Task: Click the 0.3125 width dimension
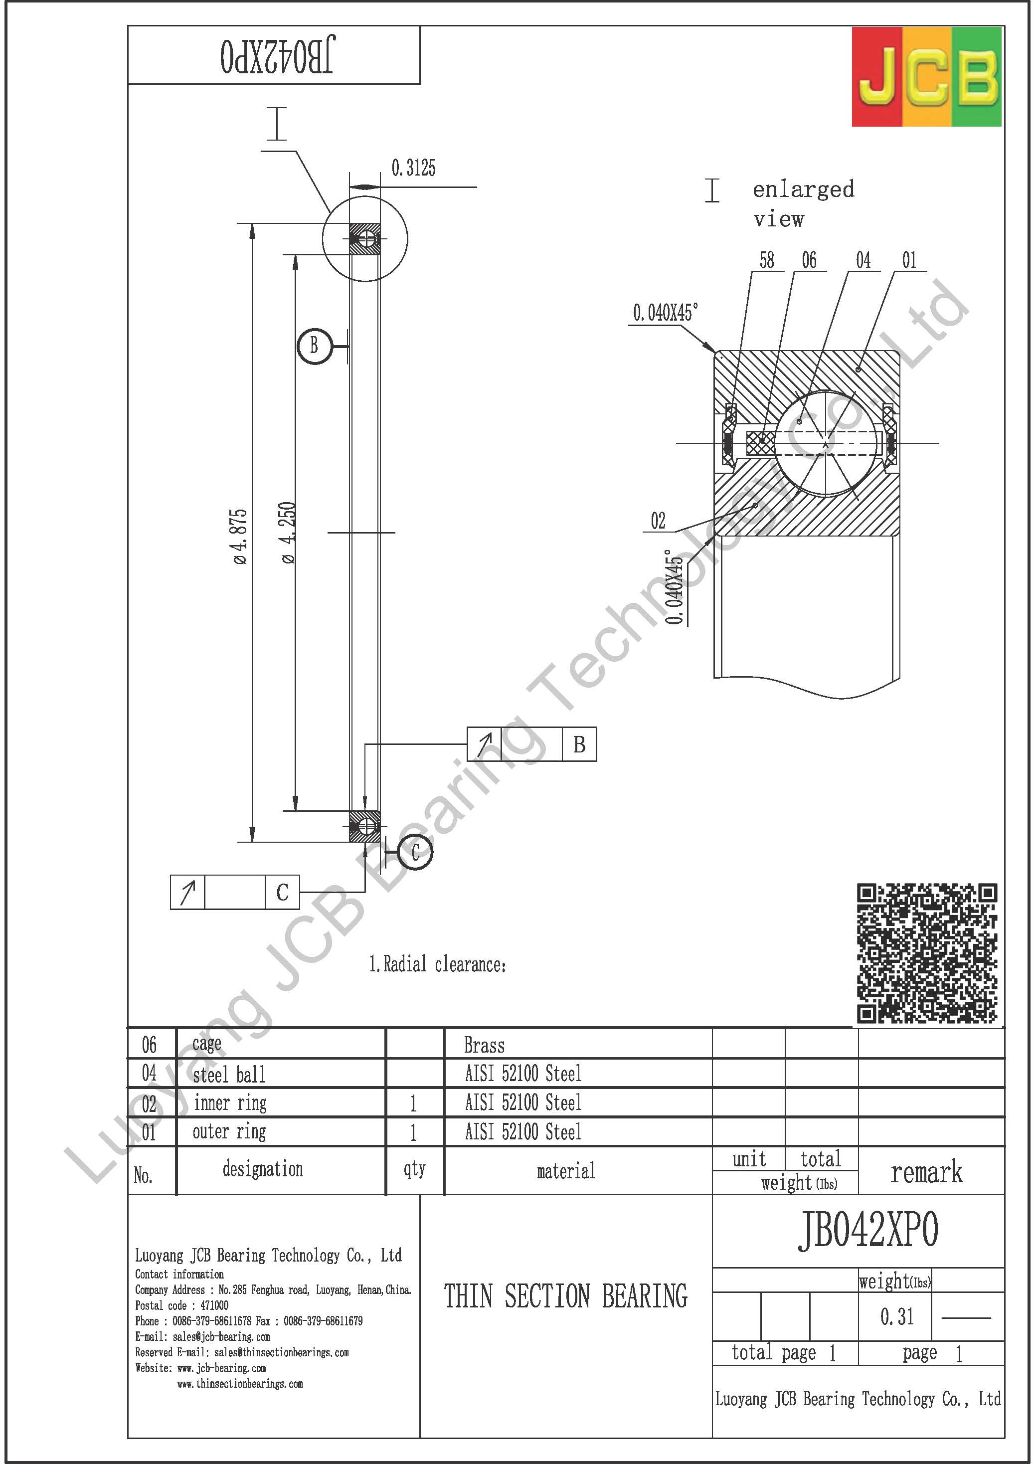pos(413,169)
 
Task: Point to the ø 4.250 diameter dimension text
pos(289,533)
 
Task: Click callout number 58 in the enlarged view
pos(766,260)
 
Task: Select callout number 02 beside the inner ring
pos(658,521)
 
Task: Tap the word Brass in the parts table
pos(484,1046)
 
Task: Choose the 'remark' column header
pos(926,1172)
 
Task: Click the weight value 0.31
pos(896,1317)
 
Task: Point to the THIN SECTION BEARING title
pos(566,1297)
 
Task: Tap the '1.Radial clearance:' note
pos(437,965)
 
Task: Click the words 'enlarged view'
pos(802,203)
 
